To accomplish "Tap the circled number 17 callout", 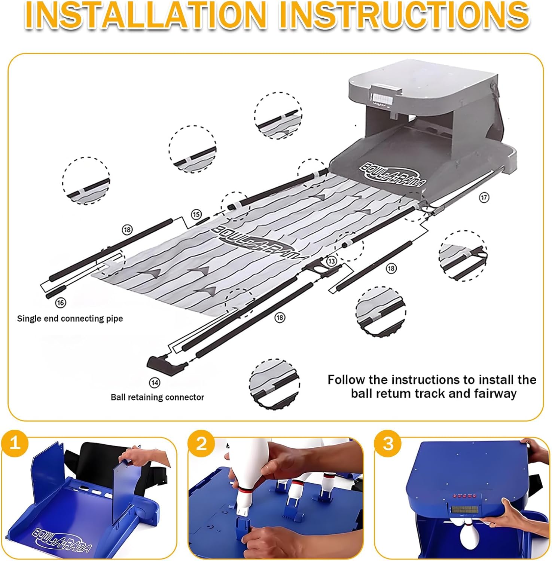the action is [484, 197].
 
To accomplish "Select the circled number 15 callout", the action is [196, 214].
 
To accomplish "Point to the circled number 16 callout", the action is [60, 302].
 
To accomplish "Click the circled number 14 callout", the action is [154, 383].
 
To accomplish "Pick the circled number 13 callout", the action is [332, 261].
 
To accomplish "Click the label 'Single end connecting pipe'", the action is [70, 319].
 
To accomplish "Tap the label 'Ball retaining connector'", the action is [158, 397].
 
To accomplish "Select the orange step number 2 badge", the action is [201, 443].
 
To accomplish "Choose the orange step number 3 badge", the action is [388, 443].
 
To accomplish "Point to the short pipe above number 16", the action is [56, 291].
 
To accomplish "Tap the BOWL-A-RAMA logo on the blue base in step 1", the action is [62, 540].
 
